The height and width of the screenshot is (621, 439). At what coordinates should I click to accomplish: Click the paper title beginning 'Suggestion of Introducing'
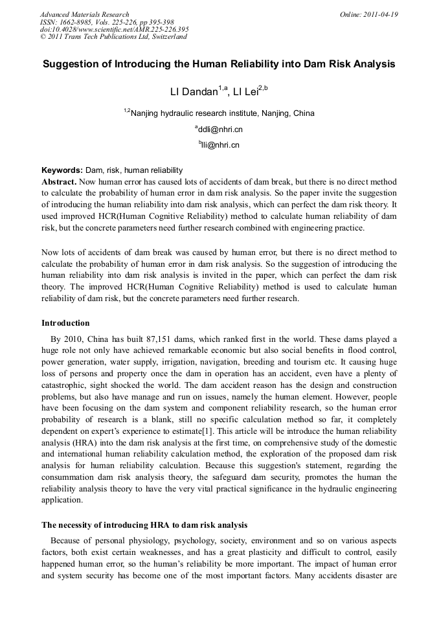pos(219,65)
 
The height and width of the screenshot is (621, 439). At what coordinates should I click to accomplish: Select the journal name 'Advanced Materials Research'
pos(85,14)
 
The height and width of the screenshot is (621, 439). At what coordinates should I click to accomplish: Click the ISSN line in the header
pos(107,22)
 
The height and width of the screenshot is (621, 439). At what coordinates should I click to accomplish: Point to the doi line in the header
pos(115,29)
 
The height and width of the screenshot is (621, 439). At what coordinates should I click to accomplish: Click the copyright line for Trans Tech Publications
pos(113,37)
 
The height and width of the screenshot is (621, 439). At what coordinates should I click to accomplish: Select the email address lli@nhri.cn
pos(220,146)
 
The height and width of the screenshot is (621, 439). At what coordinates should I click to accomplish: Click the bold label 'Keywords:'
pos(62,170)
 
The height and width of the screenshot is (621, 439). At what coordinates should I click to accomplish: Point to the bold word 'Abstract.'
pos(60,182)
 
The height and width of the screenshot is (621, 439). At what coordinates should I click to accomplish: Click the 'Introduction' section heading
pos(65,322)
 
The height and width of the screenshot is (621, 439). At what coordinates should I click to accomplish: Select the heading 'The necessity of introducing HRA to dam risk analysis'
pos(144,525)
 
